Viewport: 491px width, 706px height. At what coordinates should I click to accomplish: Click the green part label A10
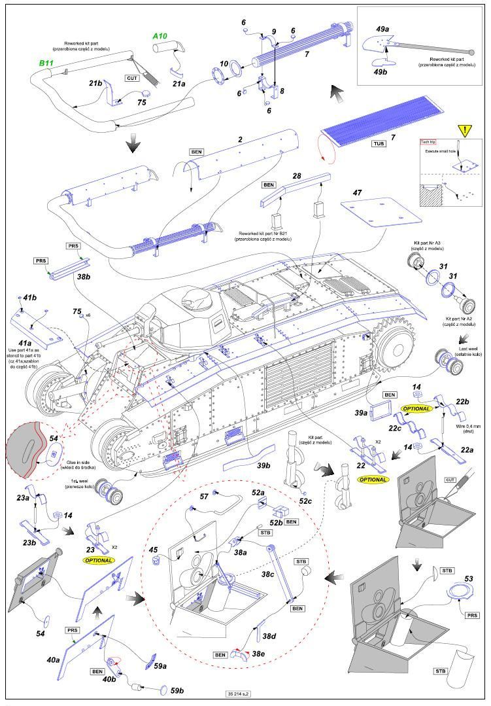[160, 36]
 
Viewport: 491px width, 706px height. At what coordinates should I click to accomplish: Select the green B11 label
[46, 63]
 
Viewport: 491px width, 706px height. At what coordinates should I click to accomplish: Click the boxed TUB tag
[378, 143]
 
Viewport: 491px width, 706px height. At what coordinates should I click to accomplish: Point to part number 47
[357, 194]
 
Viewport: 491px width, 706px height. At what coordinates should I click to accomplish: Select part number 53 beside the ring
[468, 580]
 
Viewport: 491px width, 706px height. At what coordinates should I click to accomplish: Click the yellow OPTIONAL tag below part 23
[98, 561]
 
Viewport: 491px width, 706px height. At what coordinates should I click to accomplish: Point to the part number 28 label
[296, 177]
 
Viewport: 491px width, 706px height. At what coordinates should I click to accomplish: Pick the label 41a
[25, 343]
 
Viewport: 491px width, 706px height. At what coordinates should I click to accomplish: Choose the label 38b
[83, 277]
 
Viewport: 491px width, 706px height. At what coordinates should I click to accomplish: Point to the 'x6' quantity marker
[87, 315]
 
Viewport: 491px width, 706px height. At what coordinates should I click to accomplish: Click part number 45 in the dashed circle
[153, 550]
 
